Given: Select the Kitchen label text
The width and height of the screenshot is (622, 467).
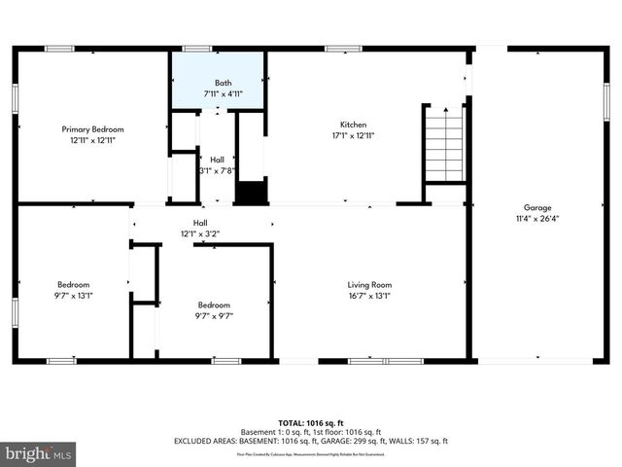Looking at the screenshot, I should (x=353, y=125).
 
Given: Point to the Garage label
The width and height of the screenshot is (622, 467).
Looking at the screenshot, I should (x=537, y=207).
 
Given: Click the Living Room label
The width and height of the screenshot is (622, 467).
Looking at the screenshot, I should (x=369, y=285).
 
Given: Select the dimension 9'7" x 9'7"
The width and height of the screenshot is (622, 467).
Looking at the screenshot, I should (x=214, y=315).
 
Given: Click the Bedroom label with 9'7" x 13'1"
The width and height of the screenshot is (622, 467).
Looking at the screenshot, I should (x=73, y=285).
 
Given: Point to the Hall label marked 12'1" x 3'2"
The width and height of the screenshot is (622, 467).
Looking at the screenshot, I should (x=200, y=223).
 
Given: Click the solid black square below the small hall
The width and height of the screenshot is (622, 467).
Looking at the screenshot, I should (x=252, y=192).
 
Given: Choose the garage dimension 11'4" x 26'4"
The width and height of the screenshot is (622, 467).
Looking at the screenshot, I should (x=537, y=218).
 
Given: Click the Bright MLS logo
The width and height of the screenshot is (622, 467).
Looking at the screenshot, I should (x=39, y=453).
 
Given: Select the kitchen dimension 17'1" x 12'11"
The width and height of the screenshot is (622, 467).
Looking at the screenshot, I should (x=353, y=135).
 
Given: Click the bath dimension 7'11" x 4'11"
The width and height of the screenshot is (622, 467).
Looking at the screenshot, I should (x=223, y=94).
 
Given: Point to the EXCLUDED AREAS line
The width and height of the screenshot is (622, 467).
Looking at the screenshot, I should (x=311, y=441).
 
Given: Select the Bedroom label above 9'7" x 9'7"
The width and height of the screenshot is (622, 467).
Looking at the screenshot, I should (x=214, y=305).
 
